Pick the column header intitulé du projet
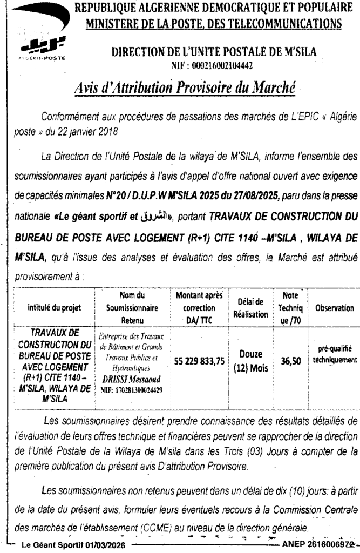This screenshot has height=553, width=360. click(55, 308)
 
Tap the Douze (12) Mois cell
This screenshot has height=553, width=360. click(248, 362)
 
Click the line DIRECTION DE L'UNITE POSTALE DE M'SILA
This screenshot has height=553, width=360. click(214, 52)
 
